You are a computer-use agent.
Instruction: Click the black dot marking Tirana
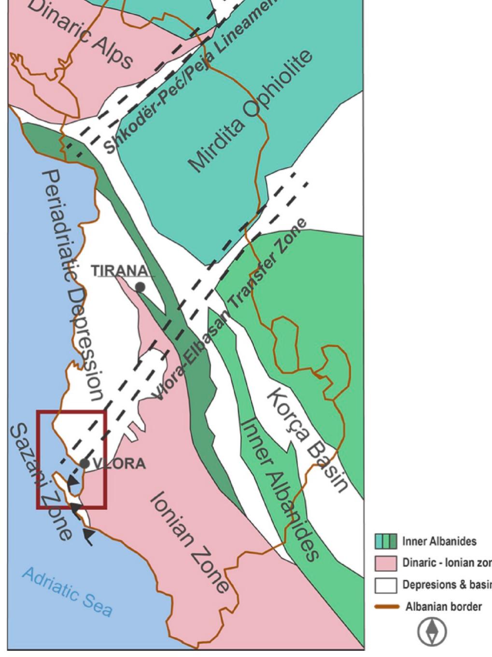point(140,287)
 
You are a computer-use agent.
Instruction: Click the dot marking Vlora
point(84,463)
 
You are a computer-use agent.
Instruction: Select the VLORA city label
point(119,464)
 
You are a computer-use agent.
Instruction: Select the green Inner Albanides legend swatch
point(386,541)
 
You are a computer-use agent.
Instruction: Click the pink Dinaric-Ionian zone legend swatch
point(386,563)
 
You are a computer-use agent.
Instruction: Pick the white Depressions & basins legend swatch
point(386,585)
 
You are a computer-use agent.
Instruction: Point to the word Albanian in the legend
point(422,607)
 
